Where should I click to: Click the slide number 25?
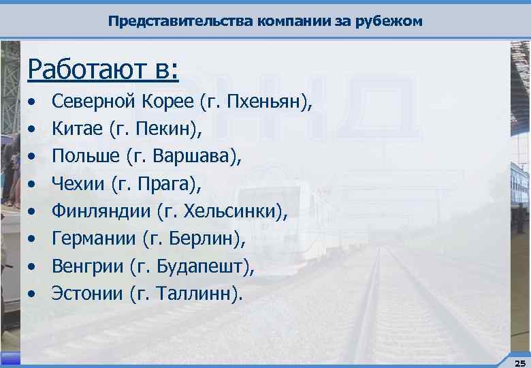(519, 362)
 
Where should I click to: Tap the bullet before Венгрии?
(32, 267)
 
